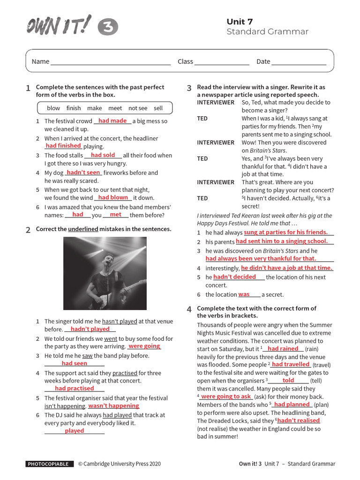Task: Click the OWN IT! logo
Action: [59, 26]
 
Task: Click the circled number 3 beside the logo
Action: [108, 28]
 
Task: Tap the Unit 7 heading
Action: [240, 22]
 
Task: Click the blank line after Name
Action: [111, 62]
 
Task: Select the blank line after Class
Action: [222, 62]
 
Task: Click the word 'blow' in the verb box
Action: [53, 108]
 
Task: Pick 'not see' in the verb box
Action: [138, 108]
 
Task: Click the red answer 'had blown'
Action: [113, 197]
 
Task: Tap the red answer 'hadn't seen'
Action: [83, 172]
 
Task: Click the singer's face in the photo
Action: [108, 255]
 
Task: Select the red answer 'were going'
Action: [144, 346]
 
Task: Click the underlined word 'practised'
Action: [125, 373]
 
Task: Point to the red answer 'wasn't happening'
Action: [113, 405]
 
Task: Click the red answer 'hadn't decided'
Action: [234, 277]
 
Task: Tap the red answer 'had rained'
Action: [283, 349]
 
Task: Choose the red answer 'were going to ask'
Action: [226, 396]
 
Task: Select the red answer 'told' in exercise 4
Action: [288, 380]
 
